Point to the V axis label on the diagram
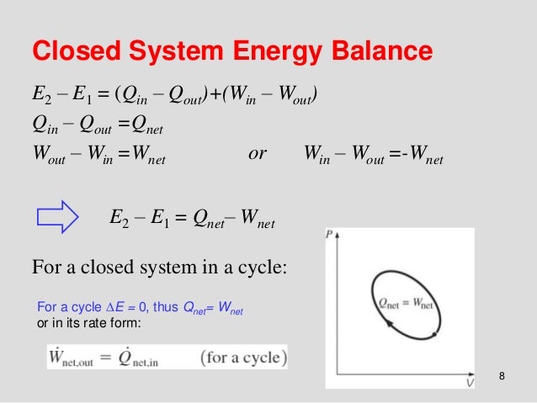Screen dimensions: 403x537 pos(469,383)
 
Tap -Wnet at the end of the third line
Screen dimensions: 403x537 pos(426,158)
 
